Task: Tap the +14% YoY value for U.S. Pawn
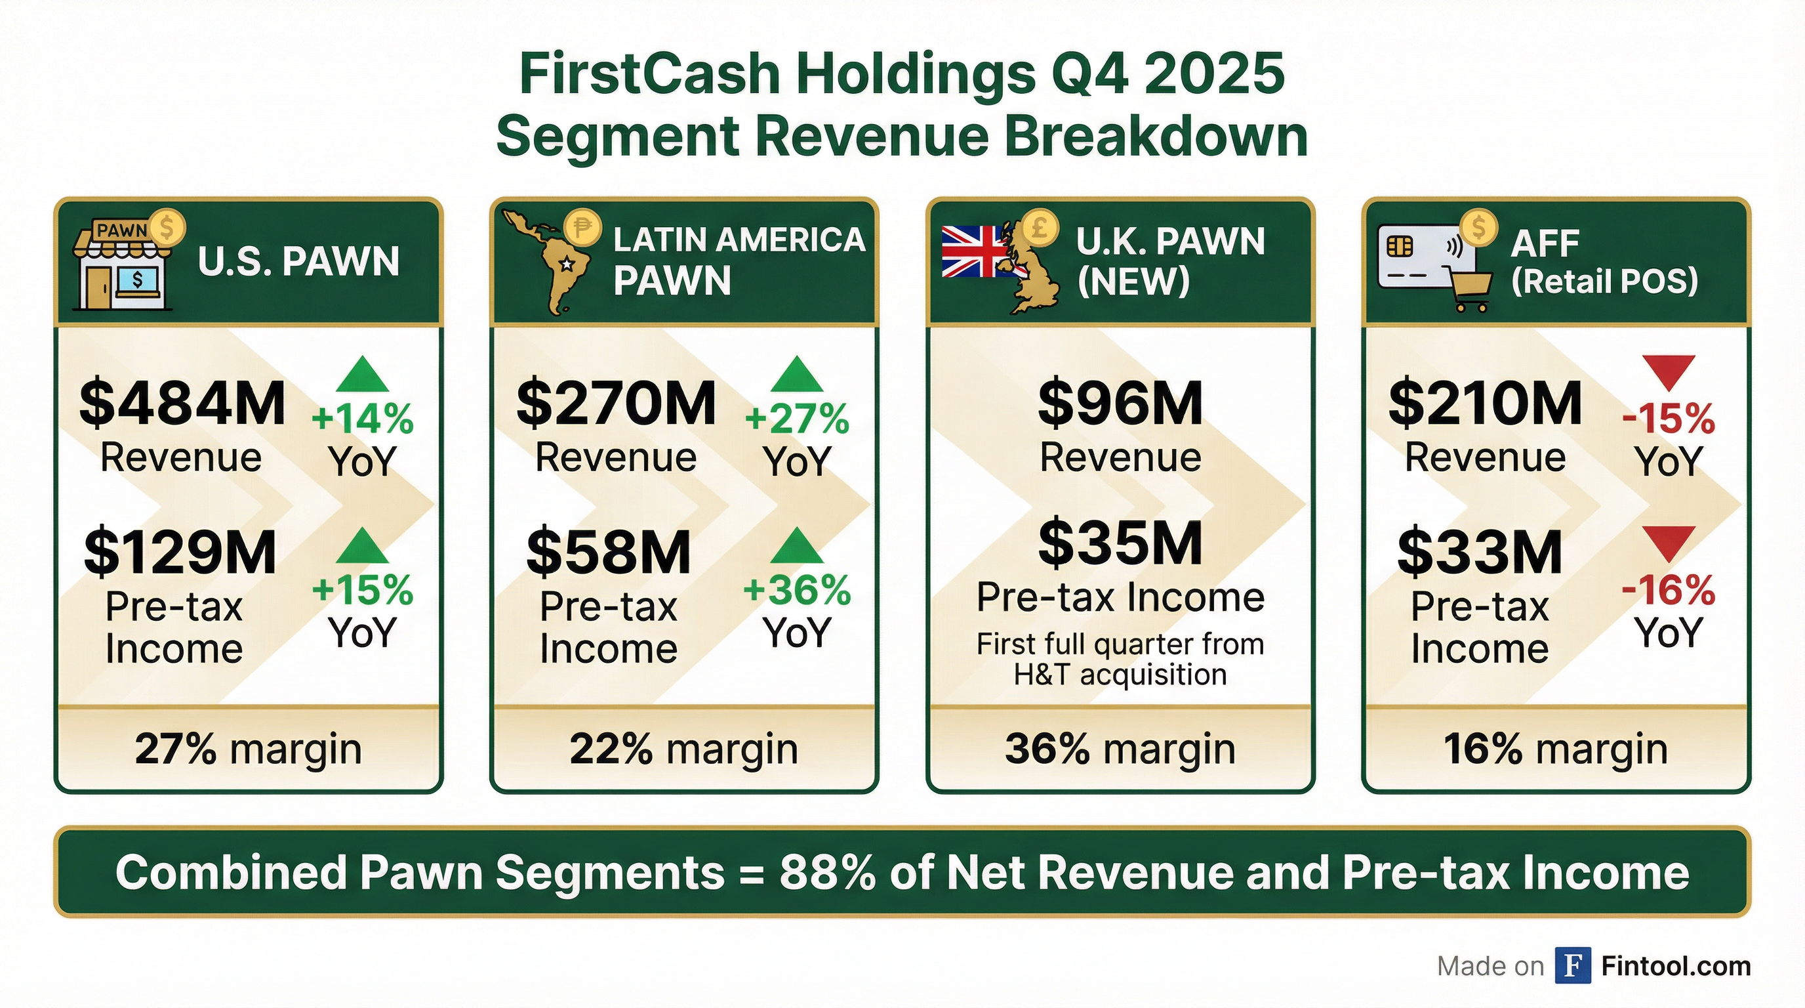362,419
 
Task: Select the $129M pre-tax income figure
180,552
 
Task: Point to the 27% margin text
248,749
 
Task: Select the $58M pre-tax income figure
608,552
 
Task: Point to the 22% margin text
683,749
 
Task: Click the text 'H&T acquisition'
1120,675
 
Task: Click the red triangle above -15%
1669,371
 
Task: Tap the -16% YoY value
1669,590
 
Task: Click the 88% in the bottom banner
827,873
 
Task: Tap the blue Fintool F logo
1572,965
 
